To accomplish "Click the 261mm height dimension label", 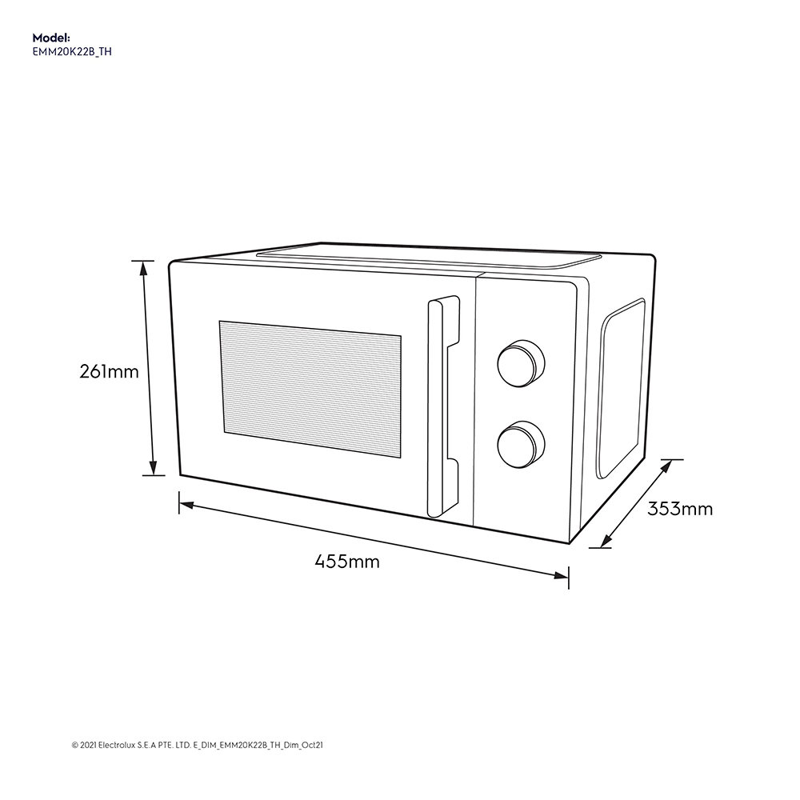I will (109, 372).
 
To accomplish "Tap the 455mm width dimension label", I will (347, 562).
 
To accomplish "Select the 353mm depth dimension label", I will (680, 509).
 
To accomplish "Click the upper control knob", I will (520, 365).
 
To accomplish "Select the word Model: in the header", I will (51, 38).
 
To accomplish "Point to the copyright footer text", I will (197, 745).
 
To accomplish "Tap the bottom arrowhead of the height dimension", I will (154, 470).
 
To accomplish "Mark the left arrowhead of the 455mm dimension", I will (185, 505).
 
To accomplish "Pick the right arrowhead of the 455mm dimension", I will (562, 574).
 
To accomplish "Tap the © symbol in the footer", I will (74, 745).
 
